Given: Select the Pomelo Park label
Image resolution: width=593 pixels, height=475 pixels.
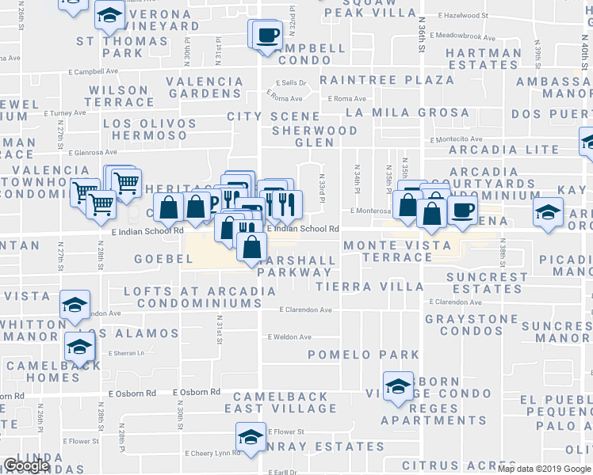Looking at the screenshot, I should click(x=363, y=354).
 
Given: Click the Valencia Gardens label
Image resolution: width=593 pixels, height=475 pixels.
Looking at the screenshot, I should click(x=205, y=87).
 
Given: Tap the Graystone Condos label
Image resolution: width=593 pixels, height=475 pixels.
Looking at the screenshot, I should click(x=472, y=327).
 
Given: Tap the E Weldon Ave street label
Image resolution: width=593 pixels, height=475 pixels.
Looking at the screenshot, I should click(x=289, y=337).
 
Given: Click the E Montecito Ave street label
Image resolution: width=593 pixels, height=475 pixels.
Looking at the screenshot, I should click(x=456, y=139).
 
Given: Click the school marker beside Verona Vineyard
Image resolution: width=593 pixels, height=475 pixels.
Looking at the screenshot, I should click(x=109, y=14).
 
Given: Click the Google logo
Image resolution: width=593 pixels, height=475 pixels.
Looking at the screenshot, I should click(x=26, y=465).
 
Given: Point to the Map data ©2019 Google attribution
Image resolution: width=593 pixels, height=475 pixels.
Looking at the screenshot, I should click(x=545, y=469).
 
